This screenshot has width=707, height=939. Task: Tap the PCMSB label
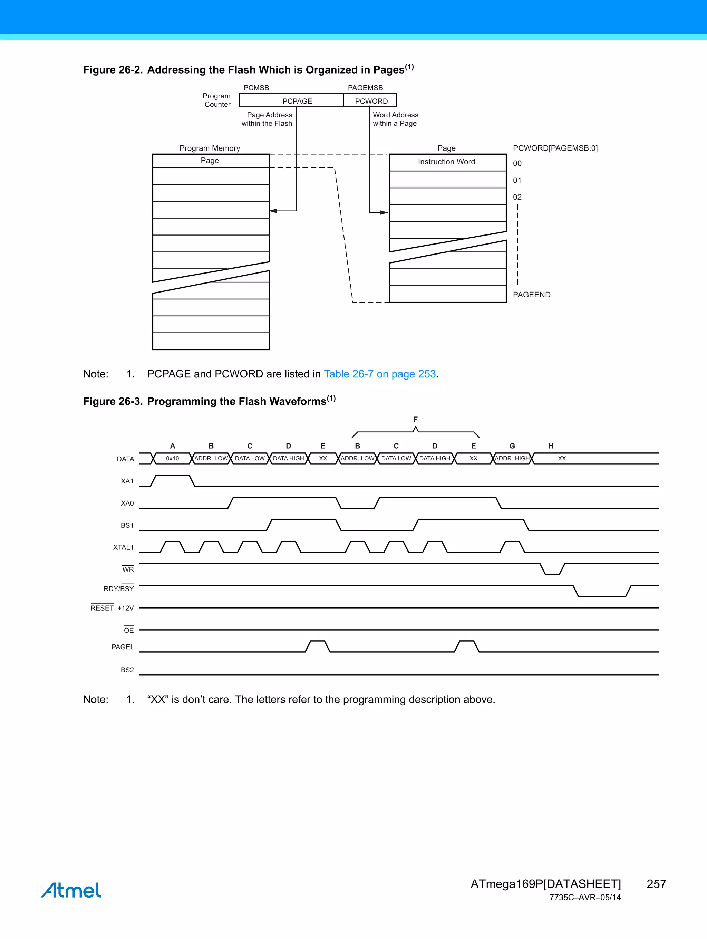(x=256, y=88)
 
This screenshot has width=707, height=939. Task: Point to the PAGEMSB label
(x=365, y=88)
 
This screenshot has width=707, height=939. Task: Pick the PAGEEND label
(x=531, y=295)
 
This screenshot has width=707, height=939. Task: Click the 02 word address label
(x=517, y=197)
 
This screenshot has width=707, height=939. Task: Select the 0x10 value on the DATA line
(x=172, y=459)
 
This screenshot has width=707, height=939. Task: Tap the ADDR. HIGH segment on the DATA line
(x=512, y=459)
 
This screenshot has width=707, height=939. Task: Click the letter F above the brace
(x=415, y=419)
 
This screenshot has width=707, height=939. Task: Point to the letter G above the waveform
(x=512, y=446)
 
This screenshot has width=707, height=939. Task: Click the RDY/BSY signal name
(x=118, y=588)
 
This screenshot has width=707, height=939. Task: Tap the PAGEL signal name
(x=122, y=647)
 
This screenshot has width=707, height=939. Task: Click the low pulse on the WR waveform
(x=552, y=573)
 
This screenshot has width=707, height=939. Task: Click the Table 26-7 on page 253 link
(x=380, y=374)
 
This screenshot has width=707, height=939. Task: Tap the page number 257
(x=656, y=884)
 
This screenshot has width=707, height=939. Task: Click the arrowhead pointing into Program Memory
(x=274, y=211)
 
